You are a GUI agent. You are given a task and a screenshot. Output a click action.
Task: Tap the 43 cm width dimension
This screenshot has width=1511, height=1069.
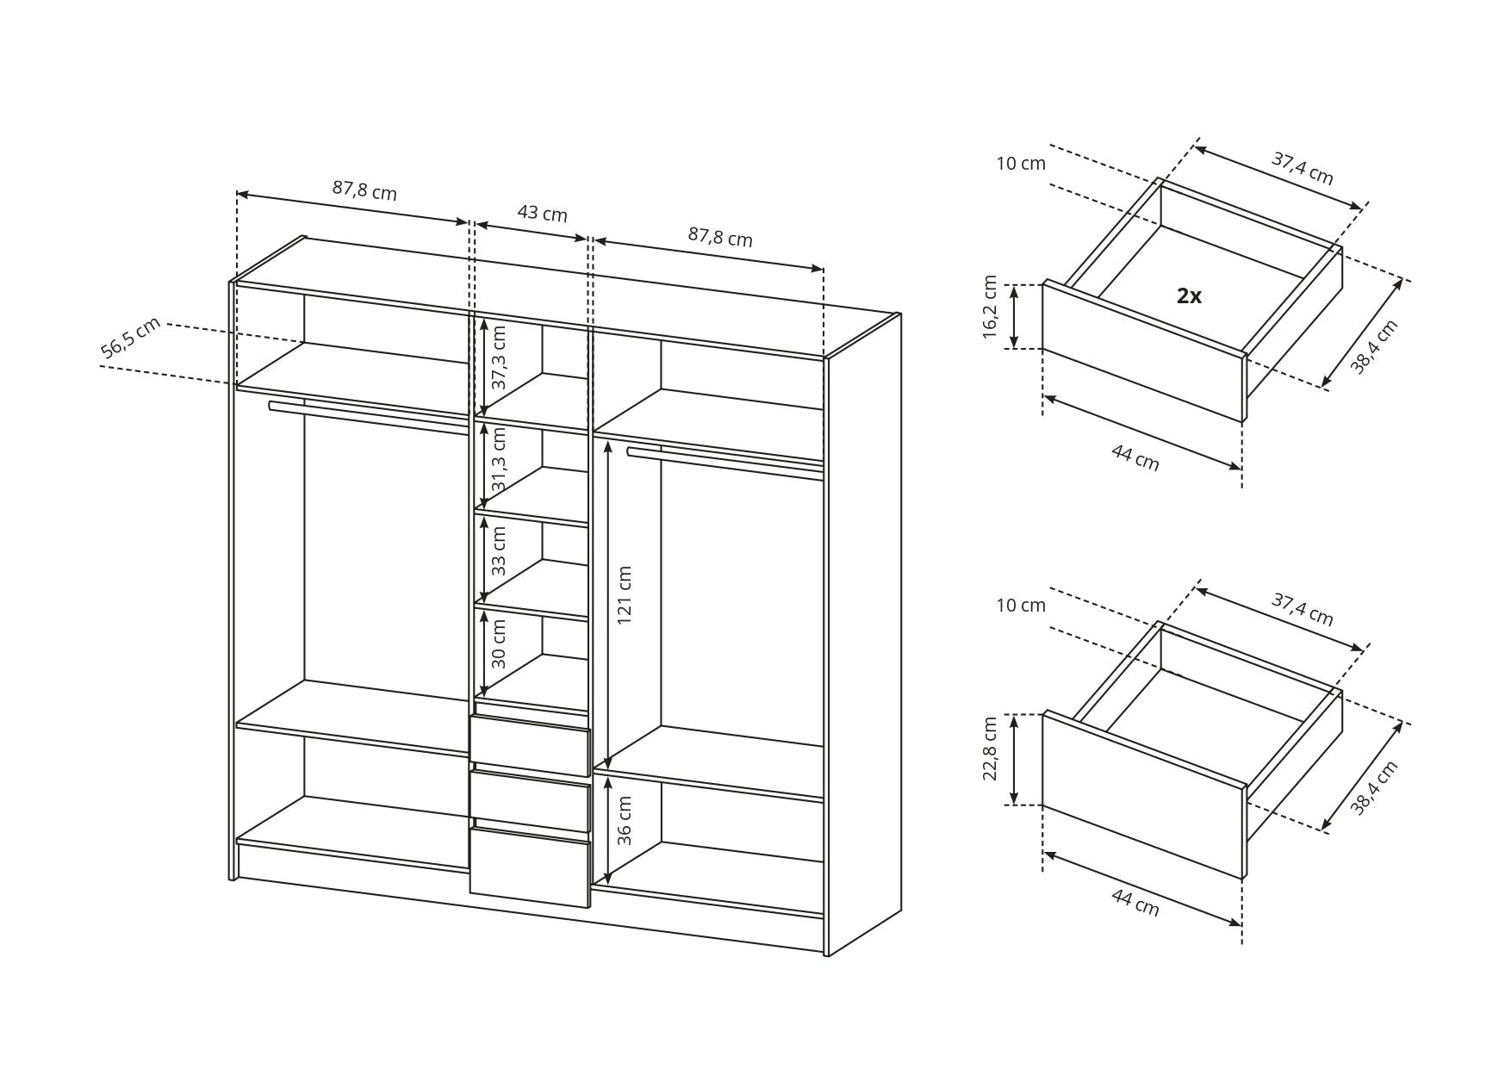(x=542, y=213)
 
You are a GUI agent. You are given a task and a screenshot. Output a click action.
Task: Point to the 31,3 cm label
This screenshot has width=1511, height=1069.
(x=499, y=460)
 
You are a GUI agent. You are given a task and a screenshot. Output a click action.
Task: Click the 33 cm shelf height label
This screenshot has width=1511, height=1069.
(x=499, y=550)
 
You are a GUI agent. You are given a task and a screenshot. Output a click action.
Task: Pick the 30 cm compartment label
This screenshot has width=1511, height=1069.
(x=499, y=644)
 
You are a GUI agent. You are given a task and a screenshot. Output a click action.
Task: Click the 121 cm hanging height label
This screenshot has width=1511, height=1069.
(x=625, y=595)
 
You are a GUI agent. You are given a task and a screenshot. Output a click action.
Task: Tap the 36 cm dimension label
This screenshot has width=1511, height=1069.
(x=625, y=820)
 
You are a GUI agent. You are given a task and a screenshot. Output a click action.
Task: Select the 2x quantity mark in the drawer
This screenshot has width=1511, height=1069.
(x=1189, y=296)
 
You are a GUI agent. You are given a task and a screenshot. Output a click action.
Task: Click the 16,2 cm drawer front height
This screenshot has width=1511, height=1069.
(x=990, y=308)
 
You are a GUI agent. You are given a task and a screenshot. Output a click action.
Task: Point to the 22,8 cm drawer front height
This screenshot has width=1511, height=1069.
(x=990, y=749)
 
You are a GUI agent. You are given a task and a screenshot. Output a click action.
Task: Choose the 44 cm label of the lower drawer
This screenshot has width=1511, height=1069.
(x=1135, y=902)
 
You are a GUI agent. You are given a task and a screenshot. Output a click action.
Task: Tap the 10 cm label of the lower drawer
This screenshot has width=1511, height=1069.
(x=1021, y=606)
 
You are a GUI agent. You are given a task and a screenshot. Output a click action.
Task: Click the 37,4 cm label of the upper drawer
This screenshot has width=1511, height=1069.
(x=1303, y=168)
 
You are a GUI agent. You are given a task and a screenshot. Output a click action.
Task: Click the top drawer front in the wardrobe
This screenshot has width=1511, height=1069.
(x=530, y=746)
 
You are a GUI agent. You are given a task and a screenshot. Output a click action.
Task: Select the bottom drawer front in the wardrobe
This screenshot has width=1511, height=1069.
(x=530, y=867)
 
